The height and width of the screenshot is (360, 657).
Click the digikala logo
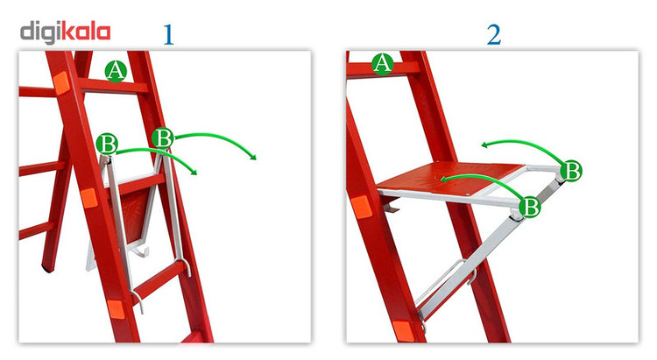pyautogui.click(x=66, y=33)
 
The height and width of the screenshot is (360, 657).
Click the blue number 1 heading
pyautogui.click(x=168, y=35)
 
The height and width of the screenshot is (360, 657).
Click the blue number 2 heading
pyautogui.click(x=493, y=35)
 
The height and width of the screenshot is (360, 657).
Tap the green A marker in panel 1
pyautogui.click(x=116, y=70)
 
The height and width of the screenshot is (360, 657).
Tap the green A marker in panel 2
pyautogui.click(x=383, y=64)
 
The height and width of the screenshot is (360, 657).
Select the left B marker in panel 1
pyautogui.click(x=107, y=144)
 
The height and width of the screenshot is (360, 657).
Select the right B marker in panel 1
pyautogui.click(x=163, y=138)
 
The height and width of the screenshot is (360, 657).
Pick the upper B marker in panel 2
pyautogui.click(x=571, y=170)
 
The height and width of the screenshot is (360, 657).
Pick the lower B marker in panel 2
pyautogui.click(x=530, y=206)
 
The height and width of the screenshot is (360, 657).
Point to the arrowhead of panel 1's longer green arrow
pyautogui.click(x=253, y=157)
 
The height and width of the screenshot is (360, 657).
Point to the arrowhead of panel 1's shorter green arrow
pyautogui.click(x=194, y=172)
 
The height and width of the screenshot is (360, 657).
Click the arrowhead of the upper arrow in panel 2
pyautogui.click(x=484, y=145)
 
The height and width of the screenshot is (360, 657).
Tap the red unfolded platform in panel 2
pyautogui.click(x=450, y=179)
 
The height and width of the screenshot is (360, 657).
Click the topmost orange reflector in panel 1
pyautogui.click(x=61, y=83)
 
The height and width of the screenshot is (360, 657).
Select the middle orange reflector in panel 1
pyautogui.click(x=89, y=198)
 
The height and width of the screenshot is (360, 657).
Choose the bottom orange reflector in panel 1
pyautogui.click(x=116, y=309)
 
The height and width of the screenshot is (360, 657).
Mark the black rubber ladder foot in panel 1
pyautogui.click(x=47, y=269)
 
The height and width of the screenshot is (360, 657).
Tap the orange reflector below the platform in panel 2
pyautogui.click(x=362, y=207)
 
